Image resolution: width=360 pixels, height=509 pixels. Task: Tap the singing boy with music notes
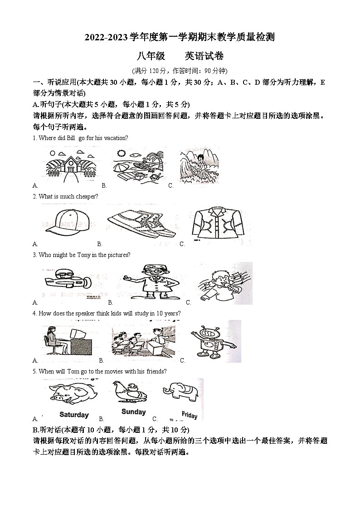224,283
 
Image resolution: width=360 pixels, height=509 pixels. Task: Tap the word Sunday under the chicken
133,412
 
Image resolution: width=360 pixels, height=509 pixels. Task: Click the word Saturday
74,415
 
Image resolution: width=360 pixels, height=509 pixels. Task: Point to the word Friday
190,415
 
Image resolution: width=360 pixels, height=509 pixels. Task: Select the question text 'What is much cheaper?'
68,196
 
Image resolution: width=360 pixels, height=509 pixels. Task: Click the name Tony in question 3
84,255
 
